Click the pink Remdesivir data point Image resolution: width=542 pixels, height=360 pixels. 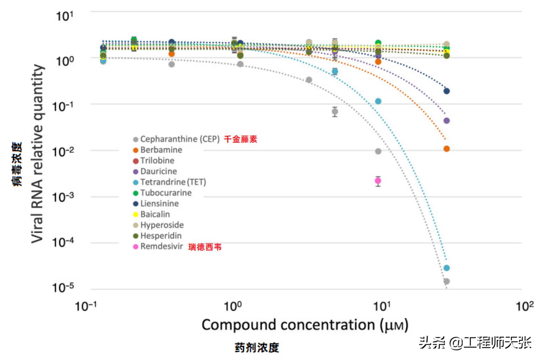378,181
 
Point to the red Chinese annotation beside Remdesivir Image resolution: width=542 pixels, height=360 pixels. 205,247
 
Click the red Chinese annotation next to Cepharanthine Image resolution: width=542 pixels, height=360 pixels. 240,139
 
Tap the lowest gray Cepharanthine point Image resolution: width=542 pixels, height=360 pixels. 447,281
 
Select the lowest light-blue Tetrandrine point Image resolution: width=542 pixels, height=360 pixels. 447,268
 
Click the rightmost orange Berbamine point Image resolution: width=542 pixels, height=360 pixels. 447,149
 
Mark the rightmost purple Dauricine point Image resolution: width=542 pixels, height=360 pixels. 447,121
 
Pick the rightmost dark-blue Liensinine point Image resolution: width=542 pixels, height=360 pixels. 447,91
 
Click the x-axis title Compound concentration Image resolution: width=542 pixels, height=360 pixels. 305,325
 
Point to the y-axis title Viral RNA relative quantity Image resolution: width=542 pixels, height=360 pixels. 38,153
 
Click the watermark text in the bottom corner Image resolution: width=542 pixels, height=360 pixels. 475,343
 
